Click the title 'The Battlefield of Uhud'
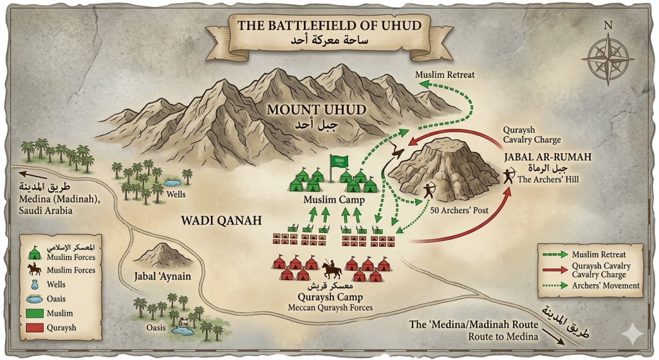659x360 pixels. pos(329,26)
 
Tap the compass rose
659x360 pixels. pos(608,52)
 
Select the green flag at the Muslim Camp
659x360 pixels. pos(338,161)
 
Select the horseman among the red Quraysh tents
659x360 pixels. pos(331,269)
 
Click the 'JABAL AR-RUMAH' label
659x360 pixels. pos(539,156)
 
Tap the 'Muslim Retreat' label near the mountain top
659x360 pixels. pos(445,75)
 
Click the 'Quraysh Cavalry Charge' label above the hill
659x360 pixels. pos(531,135)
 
